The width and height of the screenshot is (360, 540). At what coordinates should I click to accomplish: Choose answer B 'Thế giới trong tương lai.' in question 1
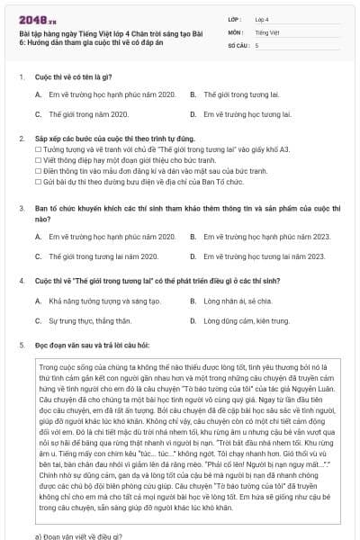pyautogui.click(x=237, y=94)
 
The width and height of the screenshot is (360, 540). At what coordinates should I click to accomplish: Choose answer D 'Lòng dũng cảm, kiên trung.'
pyautogui.click(x=239, y=319)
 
